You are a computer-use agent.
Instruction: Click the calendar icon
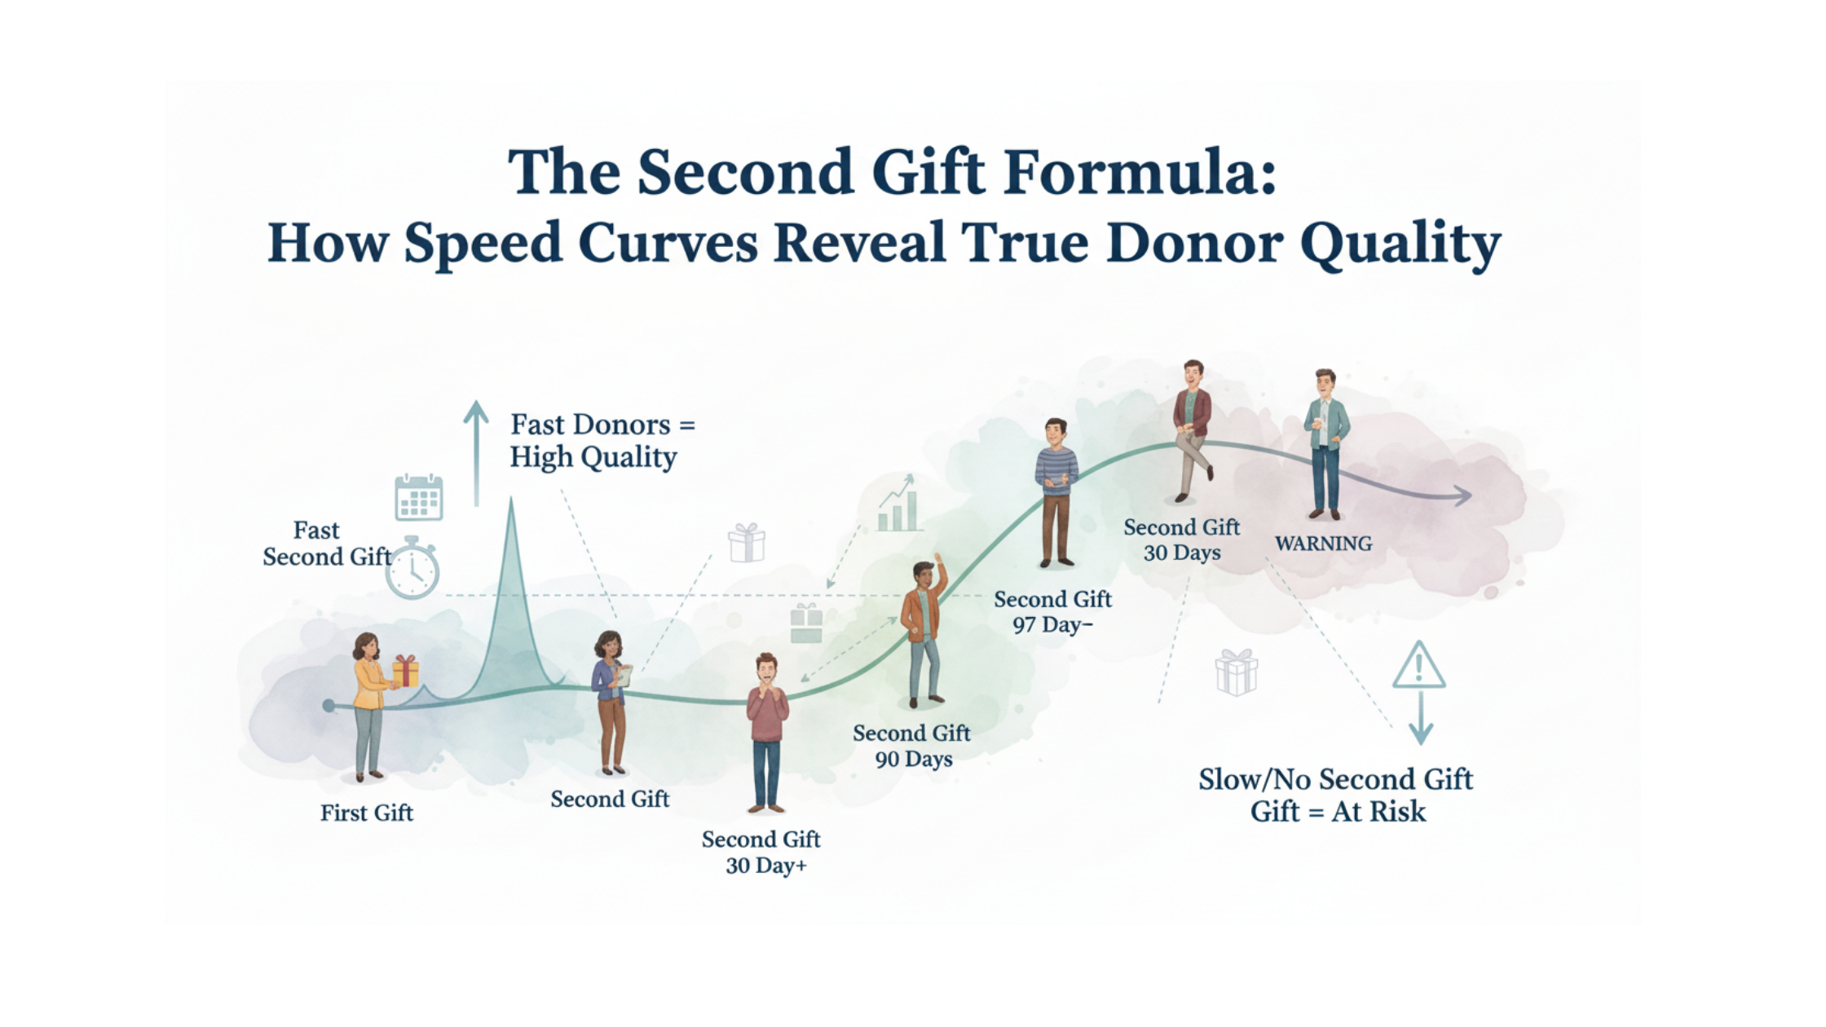(419, 497)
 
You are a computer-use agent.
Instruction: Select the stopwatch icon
(412, 568)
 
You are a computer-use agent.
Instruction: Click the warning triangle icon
(1418, 665)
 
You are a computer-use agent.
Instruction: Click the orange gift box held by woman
(405, 671)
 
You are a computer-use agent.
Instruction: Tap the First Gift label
(367, 813)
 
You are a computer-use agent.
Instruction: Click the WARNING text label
(1323, 544)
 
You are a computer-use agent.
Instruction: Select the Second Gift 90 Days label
(912, 746)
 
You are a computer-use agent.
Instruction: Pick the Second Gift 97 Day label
(1052, 612)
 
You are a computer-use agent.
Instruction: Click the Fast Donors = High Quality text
(602, 441)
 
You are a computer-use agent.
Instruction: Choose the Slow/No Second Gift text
(1335, 780)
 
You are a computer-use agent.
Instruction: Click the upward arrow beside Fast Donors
(476, 453)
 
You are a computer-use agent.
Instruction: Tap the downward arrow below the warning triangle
(1421, 717)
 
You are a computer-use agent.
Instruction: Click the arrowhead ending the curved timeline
(1462, 495)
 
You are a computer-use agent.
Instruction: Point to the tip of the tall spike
(512, 500)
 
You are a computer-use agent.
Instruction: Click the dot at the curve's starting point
(329, 706)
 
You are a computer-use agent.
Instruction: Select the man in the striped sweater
(1056, 492)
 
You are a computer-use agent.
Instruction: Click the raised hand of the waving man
(938, 562)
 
